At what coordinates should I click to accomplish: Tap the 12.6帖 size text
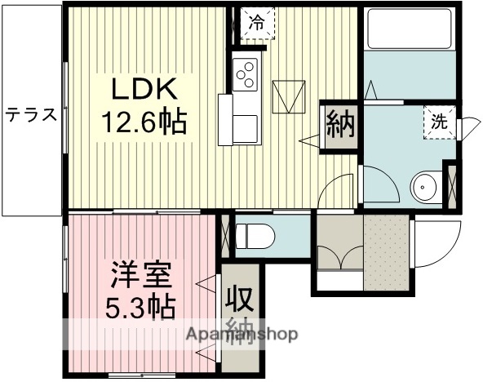tap(144, 122)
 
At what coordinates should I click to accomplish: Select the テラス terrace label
tap(32, 115)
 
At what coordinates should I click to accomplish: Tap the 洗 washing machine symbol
tap(439, 123)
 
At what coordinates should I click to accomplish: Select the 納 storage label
tap(339, 127)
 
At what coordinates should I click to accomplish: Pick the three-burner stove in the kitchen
tap(246, 73)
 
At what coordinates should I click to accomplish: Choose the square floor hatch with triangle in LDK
tap(287, 96)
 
